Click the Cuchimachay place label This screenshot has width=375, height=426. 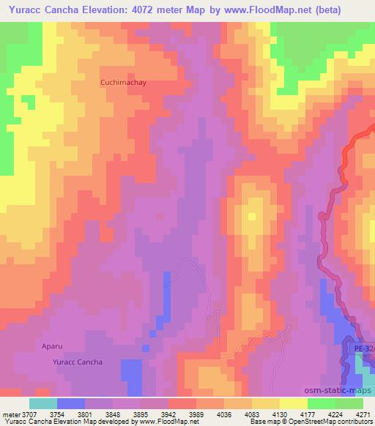coord(123,83)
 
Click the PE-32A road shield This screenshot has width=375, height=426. coord(361,349)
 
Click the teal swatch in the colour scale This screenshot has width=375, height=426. coord(43,403)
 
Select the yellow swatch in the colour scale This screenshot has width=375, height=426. coord(294,403)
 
